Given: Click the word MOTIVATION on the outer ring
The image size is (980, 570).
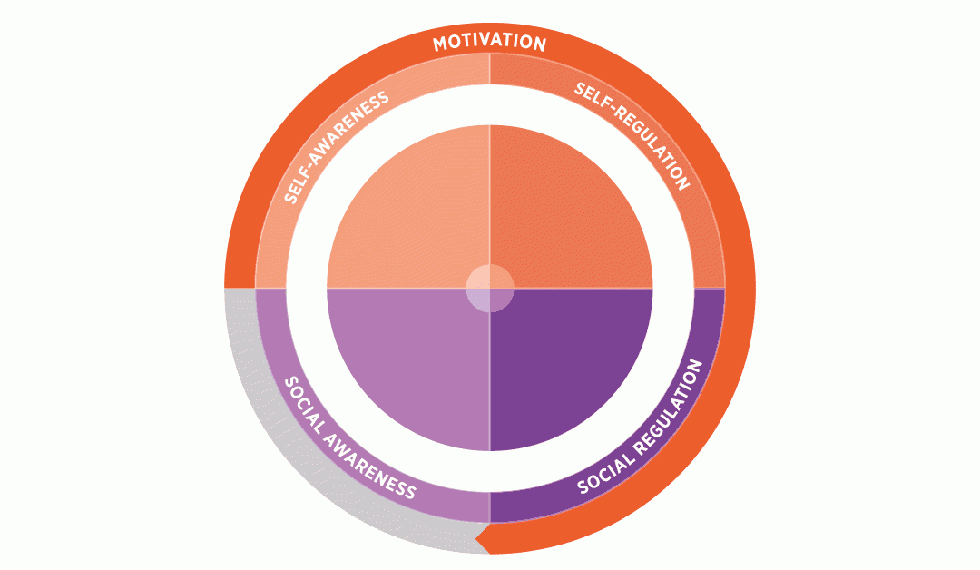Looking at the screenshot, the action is (489, 44).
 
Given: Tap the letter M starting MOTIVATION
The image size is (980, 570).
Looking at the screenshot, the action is (440, 44).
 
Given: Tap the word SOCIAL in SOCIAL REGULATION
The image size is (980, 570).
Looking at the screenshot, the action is (605, 472).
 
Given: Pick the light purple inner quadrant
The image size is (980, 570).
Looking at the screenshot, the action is (408, 369).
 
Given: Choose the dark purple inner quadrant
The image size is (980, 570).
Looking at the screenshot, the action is (571, 369).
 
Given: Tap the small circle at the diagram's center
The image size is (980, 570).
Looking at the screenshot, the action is (490, 288).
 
